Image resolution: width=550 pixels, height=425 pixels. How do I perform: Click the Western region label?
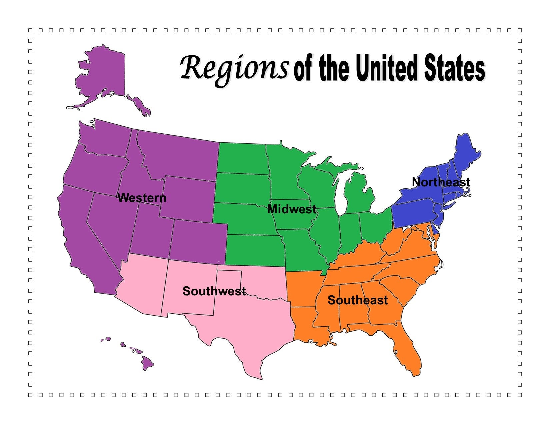[x=142, y=198]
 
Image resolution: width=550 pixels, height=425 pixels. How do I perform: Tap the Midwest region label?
[x=292, y=209]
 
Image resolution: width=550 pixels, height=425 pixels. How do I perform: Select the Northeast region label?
[x=441, y=182]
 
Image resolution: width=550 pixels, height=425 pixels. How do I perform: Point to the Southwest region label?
[x=214, y=291]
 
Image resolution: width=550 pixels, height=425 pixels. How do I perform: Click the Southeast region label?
[x=357, y=300]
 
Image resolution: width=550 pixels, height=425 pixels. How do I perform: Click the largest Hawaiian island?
[x=147, y=363]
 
